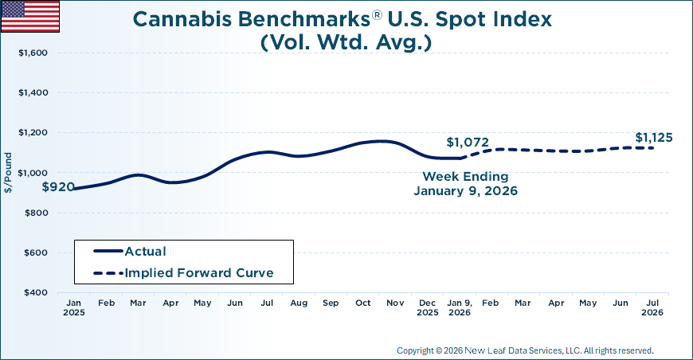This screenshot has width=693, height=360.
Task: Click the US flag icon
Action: pos(30,16)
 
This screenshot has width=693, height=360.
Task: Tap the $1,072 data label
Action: pos(467,143)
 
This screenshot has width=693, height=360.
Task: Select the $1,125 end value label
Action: pos(653,138)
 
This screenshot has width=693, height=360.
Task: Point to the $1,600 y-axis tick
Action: pos(32,53)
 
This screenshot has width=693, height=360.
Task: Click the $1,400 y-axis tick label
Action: pos(32,93)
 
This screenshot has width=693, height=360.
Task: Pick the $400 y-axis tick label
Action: pos(34,293)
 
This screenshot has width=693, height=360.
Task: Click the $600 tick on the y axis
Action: pos(34,253)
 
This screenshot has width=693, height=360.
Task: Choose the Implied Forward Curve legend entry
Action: pos(198,273)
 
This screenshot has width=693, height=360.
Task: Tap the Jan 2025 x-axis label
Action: pos(73,307)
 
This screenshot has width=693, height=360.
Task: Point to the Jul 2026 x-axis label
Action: pos(652,307)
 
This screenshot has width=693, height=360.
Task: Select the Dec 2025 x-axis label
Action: pos(428,307)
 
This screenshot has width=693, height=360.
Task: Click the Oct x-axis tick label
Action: pos(363,303)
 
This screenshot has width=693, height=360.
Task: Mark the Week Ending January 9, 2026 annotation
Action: pos(464,183)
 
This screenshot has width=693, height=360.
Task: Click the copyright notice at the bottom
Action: pos(524,350)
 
